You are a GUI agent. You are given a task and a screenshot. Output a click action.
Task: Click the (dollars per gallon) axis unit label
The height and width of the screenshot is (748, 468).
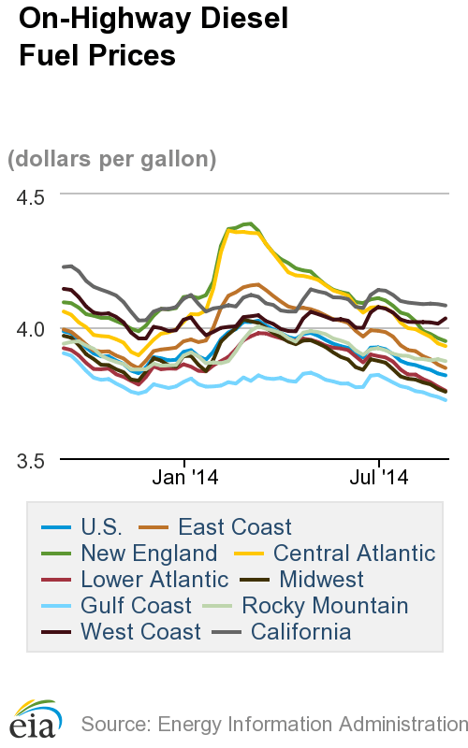coord(112,159)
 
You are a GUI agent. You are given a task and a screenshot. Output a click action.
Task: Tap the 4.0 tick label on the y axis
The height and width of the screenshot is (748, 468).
coord(36,329)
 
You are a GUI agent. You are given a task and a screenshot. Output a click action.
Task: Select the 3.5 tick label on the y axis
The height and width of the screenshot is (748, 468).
coord(36,460)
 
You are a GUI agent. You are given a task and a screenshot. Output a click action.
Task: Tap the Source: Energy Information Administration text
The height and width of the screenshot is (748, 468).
coord(273,724)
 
